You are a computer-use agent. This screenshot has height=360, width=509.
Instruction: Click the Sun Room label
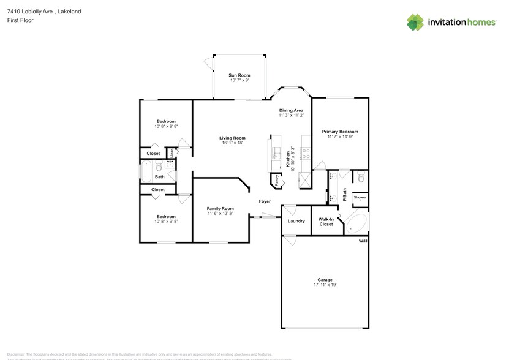(x=239, y=75)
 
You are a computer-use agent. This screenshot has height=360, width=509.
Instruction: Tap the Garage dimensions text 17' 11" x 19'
(x=325, y=285)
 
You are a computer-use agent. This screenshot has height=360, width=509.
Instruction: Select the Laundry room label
(x=296, y=221)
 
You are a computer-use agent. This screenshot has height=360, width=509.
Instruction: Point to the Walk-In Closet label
(x=326, y=222)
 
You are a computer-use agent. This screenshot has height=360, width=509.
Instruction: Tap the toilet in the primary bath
(x=361, y=178)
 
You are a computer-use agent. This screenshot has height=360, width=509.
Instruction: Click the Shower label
(x=360, y=197)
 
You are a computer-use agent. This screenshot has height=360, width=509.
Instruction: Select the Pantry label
(x=277, y=180)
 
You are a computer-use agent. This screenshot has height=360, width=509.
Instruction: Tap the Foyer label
(x=265, y=201)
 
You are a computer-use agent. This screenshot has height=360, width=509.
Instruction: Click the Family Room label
(x=220, y=209)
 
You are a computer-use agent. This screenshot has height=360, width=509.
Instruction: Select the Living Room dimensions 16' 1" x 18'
(x=232, y=143)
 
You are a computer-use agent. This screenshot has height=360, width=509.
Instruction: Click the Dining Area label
(x=291, y=110)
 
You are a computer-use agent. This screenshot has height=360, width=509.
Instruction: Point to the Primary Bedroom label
(x=340, y=132)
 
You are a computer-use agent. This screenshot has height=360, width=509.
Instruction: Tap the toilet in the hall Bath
(x=159, y=167)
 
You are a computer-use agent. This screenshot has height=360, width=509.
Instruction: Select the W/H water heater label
(x=363, y=241)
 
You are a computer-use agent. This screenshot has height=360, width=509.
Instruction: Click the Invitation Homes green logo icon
(x=415, y=23)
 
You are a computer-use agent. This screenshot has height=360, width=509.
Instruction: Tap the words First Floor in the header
(x=21, y=20)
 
